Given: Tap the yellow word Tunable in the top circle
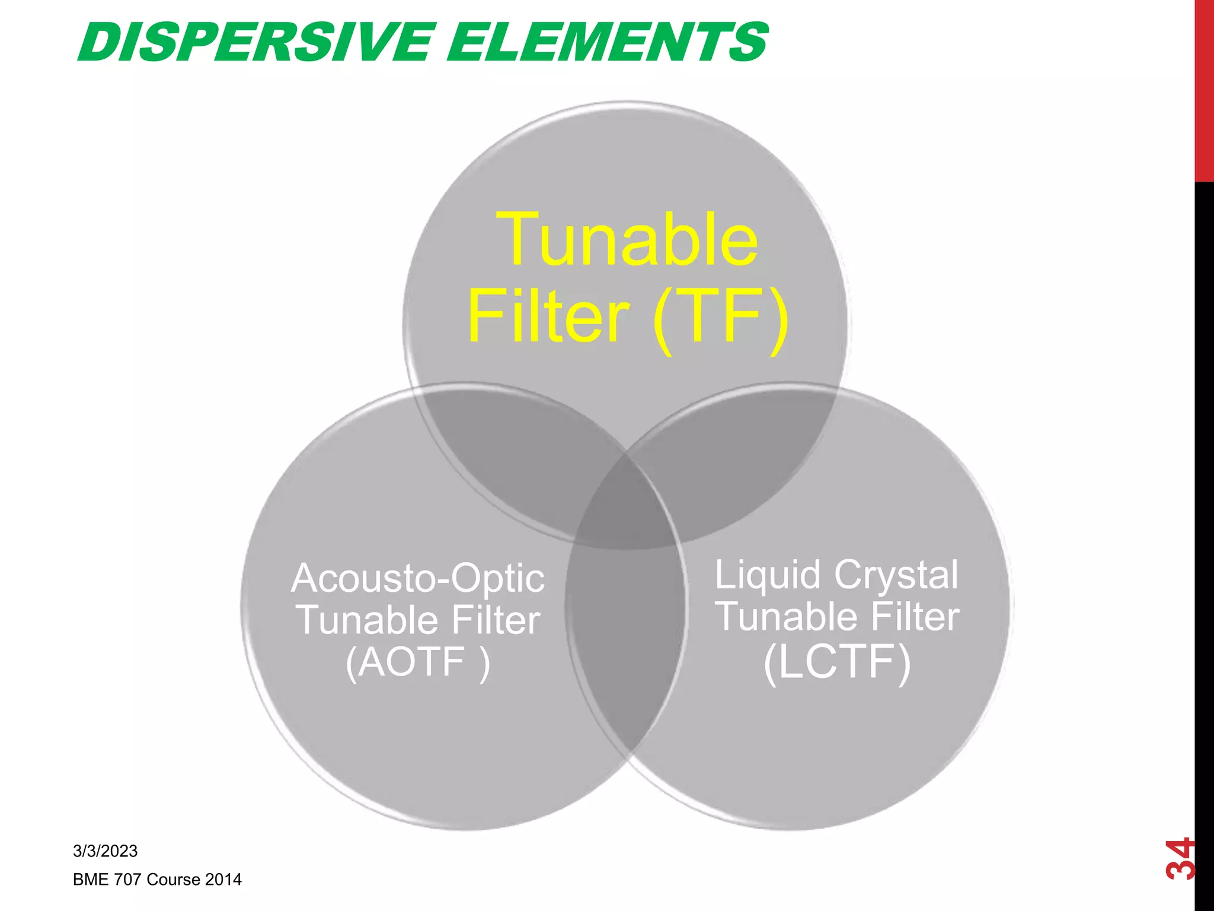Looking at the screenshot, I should click(x=627, y=240).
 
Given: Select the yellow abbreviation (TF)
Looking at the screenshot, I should click(x=721, y=317).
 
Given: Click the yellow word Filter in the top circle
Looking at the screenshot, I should click(x=548, y=317).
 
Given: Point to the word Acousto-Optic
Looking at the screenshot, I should click(x=418, y=578).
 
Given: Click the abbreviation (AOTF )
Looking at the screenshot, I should click(x=418, y=662).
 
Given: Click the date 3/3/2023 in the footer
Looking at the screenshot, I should click(x=105, y=851).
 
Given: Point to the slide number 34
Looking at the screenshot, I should click(x=1179, y=858).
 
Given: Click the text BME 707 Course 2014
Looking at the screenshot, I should click(x=157, y=880).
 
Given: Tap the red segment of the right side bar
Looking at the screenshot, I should click(x=1204, y=89).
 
